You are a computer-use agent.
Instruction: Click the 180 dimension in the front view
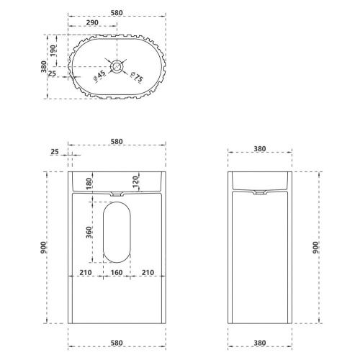[89, 184]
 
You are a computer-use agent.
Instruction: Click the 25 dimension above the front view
[55, 152]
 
